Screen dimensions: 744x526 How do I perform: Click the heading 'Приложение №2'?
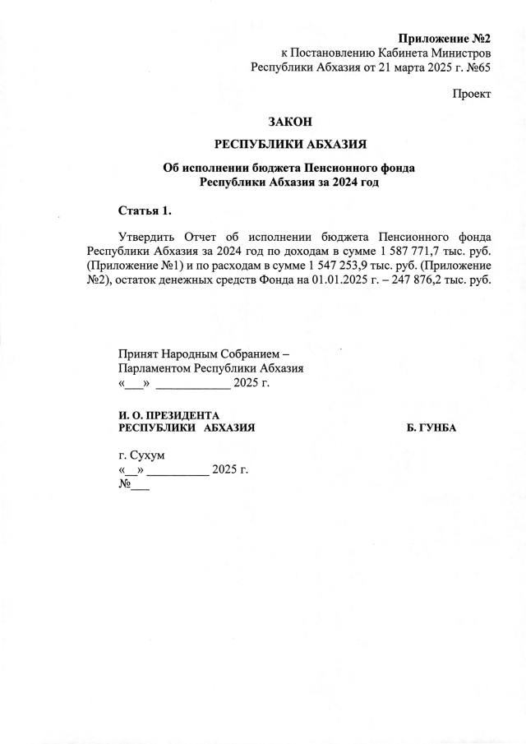click(445, 39)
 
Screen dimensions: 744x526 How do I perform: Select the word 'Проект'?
click(472, 95)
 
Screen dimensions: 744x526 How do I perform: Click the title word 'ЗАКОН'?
click(290, 122)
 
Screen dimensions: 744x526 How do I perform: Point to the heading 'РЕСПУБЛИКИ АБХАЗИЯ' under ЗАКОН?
click(289, 145)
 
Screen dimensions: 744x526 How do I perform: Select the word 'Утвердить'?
click(147, 234)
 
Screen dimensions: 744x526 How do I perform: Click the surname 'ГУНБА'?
click(431, 428)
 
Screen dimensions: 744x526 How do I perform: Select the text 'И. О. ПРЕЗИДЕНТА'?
click(170, 416)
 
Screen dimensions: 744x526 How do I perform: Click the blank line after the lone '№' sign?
click(140, 485)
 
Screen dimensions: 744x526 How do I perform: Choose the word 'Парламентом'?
click(155, 368)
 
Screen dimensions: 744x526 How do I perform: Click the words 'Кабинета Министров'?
click(436, 53)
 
